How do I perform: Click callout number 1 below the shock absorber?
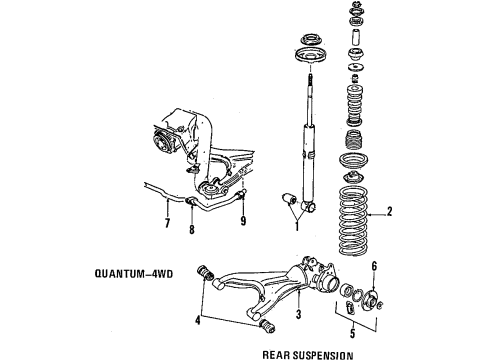pyautogui.click(x=297, y=227)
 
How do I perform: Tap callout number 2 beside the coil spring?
pyautogui.click(x=389, y=211)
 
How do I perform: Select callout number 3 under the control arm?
pyautogui.click(x=298, y=314)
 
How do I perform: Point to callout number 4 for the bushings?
pyautogui.click(x=198, y=320)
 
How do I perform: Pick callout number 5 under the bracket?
pyautogui.click(x=353, y=333)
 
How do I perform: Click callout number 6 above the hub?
pyautogui.click(x=374, y=266)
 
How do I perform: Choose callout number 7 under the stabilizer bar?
pyautogui.click(x=167, y=223)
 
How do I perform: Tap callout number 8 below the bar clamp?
pyautogui.click(x=192, y=229)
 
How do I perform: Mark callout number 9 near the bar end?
pyautogui.click(x=243, y=220)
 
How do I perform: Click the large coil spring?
pyautogui.click(x=353, y=221)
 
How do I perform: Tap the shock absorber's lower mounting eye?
pyautogui.click(x=310, y=207)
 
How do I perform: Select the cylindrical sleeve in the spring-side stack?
pyautogui.click(x=356, y=39)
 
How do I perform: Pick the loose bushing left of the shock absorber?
pyautogui.click(x=289, y=199)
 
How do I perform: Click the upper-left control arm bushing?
pyautogui.click(x=205, y=273)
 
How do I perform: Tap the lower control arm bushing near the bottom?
pyautogui.click(x=268, y=325)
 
